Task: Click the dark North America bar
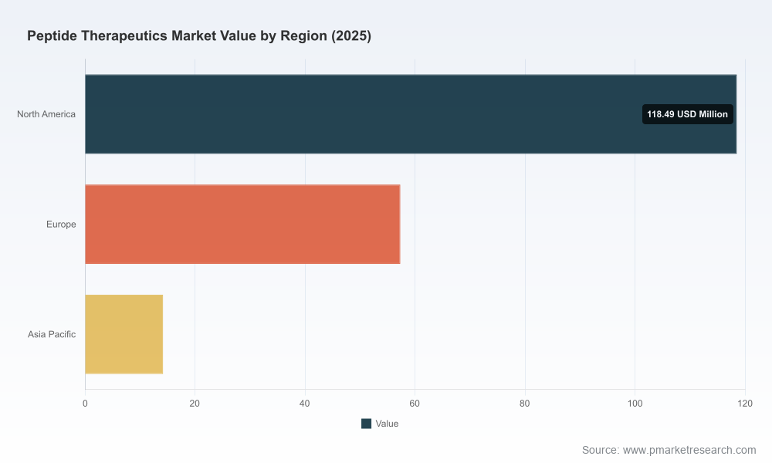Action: (x=411, y=114)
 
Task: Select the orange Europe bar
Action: (x=242, y=225)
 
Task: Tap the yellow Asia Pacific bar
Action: (x=124, y=335)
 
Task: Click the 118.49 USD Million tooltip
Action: (x=687, y=114)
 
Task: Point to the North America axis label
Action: (x=46, y=114)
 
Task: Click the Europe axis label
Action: (x=61, y=225)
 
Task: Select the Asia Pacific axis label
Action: (x=52, y=335)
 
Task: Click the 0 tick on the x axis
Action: (x=85, y=404)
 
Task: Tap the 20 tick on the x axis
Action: (x=195, y=404)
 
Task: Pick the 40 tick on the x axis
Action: (x=305, y=404)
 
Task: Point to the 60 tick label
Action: (x=415, y=404)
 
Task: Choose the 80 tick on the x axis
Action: (x=525, y=404)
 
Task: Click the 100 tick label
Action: (x=635, y=404)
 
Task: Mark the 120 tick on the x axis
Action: (x=745, y=404)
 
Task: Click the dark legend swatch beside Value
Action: (x=366, y=424)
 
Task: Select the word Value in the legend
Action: (x=387, y=424)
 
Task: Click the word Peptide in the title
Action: (x=52, y=36)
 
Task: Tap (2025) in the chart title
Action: (x=351, y=36)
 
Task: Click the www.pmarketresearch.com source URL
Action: (x=689, y=450)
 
